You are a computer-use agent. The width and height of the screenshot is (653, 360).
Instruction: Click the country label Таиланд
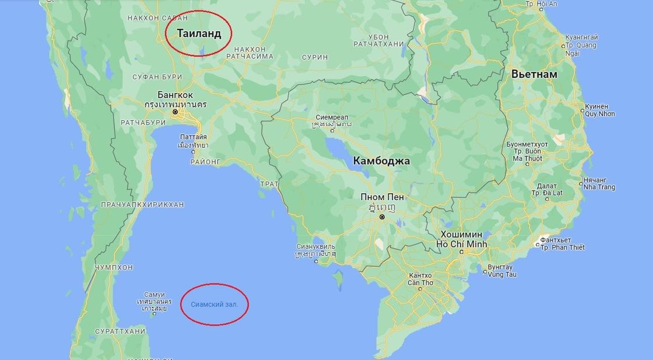point(199,33)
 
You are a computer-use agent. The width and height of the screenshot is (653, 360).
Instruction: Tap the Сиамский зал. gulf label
point(215,304)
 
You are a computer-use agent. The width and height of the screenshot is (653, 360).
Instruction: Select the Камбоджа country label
point(381,160)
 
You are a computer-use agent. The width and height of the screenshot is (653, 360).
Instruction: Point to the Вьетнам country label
point(534,74)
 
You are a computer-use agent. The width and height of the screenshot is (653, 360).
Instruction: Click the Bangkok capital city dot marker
point(174,111)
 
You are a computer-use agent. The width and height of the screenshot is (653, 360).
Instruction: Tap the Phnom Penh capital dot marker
point(382,217)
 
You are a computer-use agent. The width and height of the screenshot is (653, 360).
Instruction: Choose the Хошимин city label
point(461,235)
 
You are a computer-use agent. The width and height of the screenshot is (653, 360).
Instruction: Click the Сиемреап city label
point(332,117)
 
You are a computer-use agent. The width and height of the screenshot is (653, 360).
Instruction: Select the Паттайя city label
point(193,137)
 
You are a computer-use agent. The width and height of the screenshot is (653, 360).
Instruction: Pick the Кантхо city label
point(420,275)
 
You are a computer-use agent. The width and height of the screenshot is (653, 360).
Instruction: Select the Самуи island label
point(154,295)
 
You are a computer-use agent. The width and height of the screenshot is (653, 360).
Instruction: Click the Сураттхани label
point(119,331)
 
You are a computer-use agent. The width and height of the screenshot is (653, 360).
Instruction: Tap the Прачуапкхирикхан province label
point(142,204)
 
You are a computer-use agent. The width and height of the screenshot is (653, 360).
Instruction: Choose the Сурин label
point(315,57)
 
